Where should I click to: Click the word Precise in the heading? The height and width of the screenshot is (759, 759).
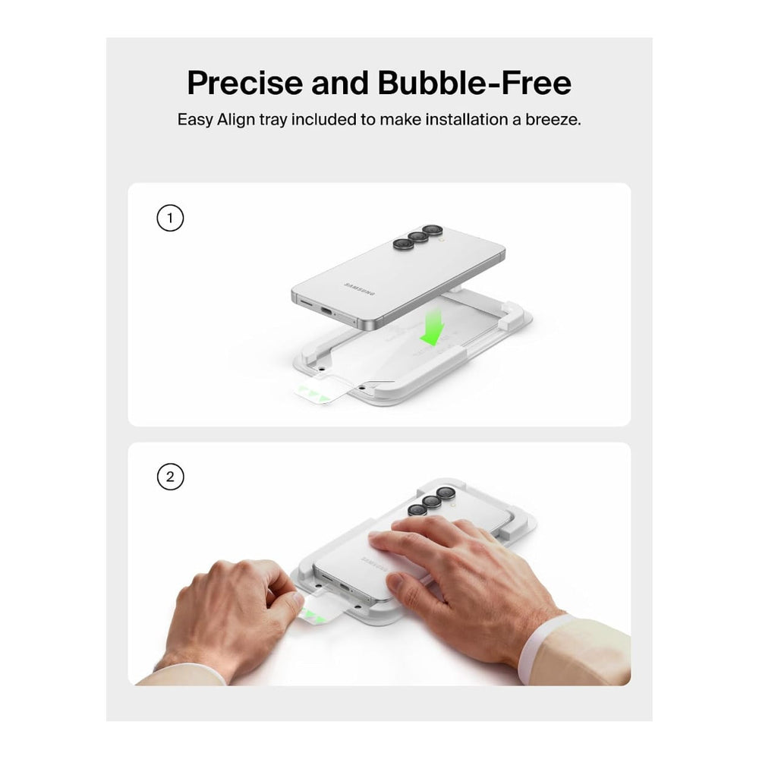[244, 83]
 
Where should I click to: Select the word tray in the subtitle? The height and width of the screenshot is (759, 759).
[272, 120]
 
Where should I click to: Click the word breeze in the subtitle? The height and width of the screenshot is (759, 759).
[553, 119]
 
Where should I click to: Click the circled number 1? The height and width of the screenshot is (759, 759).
[170, 218]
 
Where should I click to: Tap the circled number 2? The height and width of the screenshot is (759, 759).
[170, 477]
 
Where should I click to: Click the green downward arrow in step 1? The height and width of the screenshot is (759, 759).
[433, 329]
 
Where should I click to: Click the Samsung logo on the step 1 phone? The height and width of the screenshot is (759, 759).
[360, 289]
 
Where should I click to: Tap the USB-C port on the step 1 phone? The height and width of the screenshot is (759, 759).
[326, 311]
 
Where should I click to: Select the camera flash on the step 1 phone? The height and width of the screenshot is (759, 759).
[440, 238]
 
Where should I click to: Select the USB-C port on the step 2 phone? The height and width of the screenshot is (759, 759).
[345, 587]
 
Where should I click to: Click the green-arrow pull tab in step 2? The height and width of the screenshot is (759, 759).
[320, 611]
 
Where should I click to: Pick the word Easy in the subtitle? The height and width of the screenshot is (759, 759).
[194, 120]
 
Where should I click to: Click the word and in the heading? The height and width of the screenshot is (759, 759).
[340, 83]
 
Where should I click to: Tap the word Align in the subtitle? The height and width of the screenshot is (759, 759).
[236, 120]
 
